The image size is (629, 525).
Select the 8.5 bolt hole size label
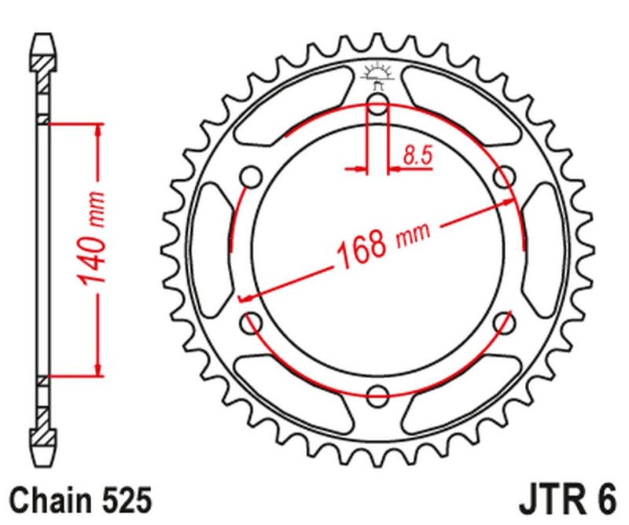tap(417, 155)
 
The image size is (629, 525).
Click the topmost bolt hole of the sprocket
tap(378, 109)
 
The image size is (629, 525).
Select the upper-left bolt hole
tap(252, 178)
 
